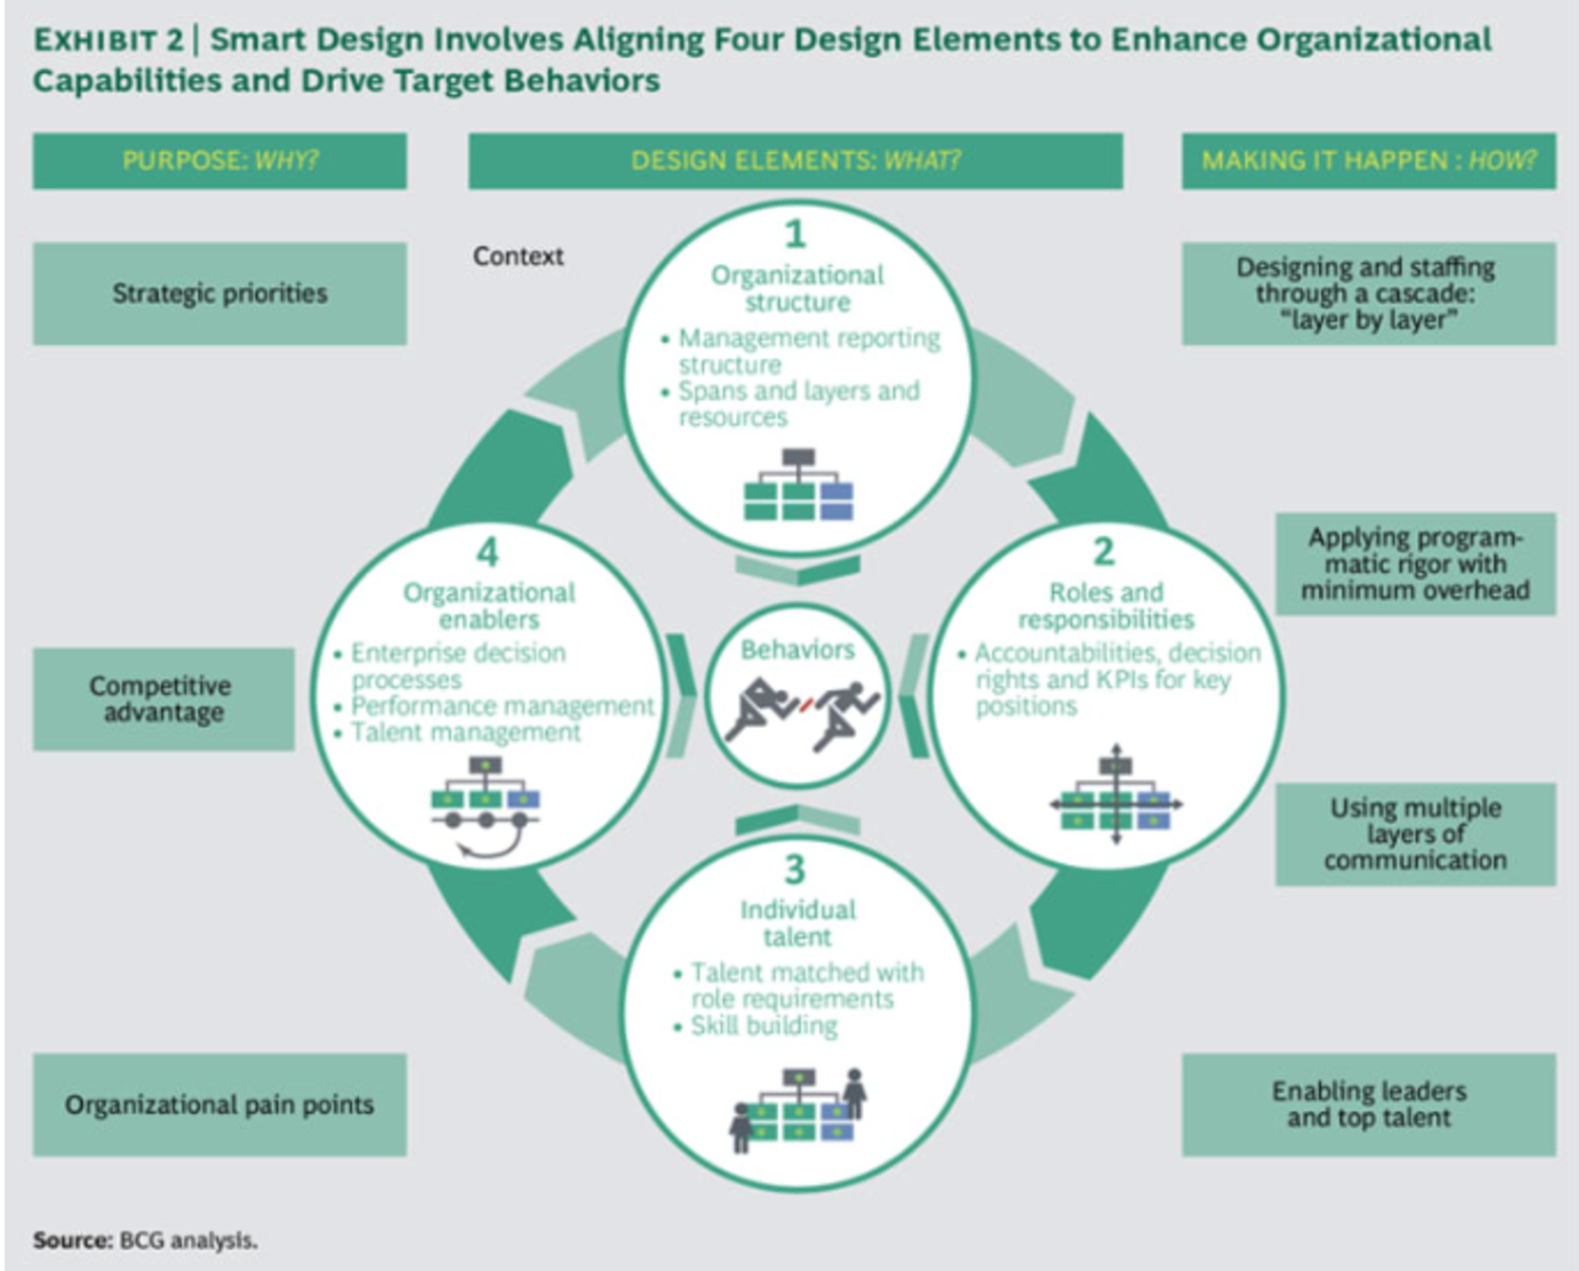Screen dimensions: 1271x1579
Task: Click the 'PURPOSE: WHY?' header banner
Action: [220, 161]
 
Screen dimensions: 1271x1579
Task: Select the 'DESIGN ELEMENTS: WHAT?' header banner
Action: [795, 161]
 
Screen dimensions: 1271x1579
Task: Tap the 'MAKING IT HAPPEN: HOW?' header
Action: [1368, 161]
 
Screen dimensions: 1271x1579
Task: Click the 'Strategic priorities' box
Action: [220, 293]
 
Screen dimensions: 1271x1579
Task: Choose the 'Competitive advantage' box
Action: [163, 699]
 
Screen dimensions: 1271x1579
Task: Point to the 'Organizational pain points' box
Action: [220, 1105]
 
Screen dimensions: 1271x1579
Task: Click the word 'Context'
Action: [518, 257]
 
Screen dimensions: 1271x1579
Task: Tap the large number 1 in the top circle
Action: [794, 234]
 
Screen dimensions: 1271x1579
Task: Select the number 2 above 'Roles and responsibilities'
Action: [1104, 552]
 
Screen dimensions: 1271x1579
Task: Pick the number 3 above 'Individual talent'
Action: [794, 870]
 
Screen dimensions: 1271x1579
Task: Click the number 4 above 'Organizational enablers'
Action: [488, 552]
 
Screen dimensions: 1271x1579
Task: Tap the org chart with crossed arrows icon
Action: [1115, 795]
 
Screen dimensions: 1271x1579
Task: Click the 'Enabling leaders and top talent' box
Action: [1368, 1105]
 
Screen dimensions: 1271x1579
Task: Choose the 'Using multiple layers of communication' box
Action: [1415, 834]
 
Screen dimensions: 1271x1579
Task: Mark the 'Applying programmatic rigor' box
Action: [1415, 564]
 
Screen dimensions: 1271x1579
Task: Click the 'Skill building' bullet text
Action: [764, 1026]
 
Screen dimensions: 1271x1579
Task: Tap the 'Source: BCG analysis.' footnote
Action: [146, 1240]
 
